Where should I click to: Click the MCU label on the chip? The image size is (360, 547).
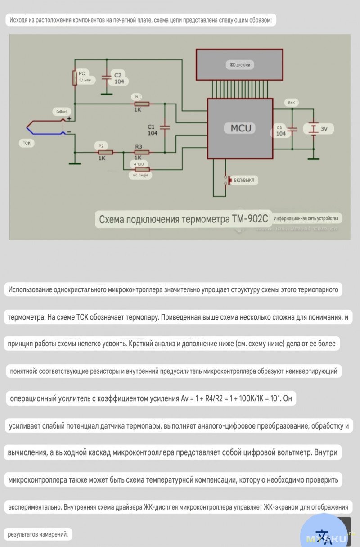[x=240, y=128]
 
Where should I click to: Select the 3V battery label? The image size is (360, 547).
[x=324, y=129]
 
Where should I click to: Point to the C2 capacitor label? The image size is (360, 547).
[x=118, y=76]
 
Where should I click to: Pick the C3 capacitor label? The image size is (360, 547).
[x=280, y=128]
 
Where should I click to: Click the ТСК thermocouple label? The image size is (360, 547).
[x=27, y=143]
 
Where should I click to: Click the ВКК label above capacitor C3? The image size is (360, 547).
[x=292, y=103]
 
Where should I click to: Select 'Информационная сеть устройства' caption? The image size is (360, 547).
[x=306, y=218]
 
